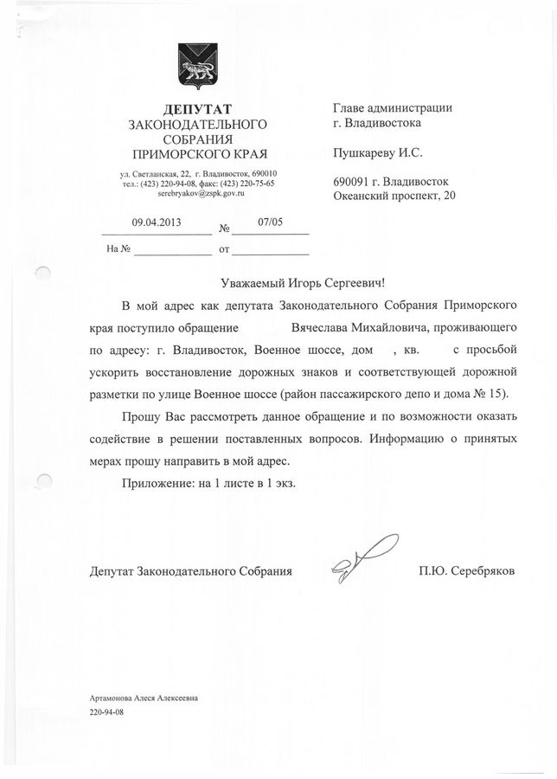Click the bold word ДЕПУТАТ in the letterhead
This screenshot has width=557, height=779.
pos(197,108)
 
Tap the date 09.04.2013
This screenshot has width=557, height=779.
pos(156,222)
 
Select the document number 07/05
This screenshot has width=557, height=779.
pos(271,222)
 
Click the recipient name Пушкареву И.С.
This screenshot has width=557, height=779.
pos(378,152)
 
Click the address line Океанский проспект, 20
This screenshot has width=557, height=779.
pos(394,196)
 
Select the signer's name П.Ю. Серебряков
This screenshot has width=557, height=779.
pos(464,571)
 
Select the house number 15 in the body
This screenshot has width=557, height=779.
pos(501,394)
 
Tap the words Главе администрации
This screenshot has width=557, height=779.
pos(393,108)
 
